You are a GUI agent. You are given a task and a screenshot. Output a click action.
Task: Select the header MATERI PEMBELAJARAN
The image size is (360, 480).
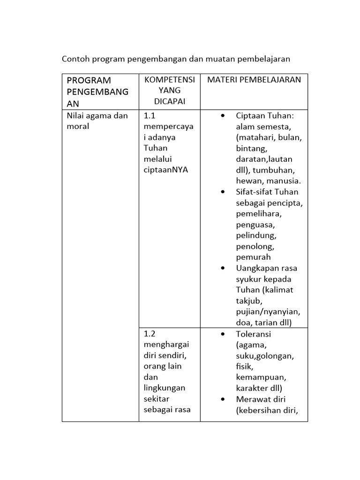[x=254, y=80]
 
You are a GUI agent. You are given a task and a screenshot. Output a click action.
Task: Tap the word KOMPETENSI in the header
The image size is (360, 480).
[x=169, y=80]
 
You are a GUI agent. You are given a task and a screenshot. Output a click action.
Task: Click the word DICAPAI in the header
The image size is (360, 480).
[x=169, y=101]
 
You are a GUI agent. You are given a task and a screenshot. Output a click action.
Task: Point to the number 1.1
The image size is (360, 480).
[x=150, y=116]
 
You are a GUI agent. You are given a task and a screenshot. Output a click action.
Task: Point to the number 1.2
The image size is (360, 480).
[x=150, y=334]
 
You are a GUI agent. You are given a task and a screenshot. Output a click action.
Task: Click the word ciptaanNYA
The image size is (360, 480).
[x=166, y=170]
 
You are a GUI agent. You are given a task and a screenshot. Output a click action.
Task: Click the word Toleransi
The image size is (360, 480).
[x=254, y=334]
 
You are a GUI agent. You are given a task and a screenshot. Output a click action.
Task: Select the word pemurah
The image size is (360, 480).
[x=254, y=257]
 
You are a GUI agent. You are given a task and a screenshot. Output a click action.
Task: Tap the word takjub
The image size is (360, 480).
[x=248, y=300]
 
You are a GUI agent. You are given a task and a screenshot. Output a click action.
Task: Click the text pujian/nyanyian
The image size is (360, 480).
[x=268, y=312]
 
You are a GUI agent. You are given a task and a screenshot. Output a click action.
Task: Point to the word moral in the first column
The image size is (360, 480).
[x=78, y=127]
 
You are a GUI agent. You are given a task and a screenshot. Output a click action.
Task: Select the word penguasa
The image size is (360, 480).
[x=255, y=225]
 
